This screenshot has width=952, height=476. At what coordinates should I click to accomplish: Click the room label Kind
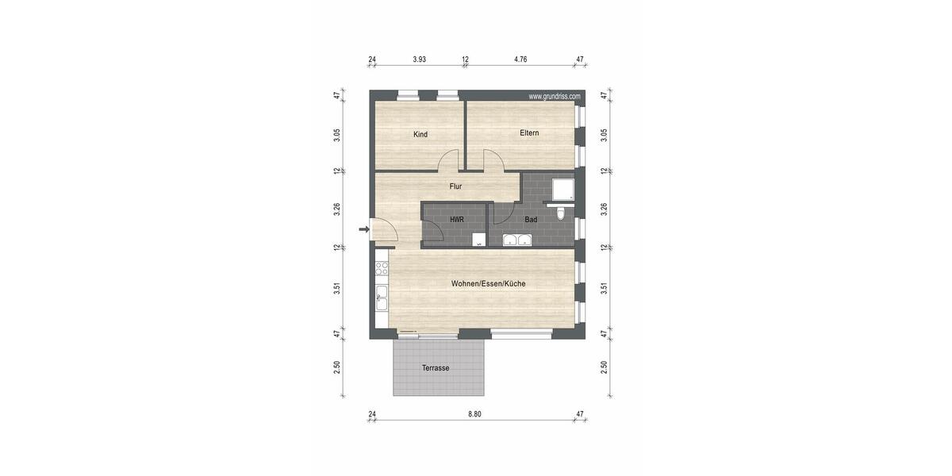click(420, 134)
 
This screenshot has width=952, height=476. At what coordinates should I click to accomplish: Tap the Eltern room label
click(529, 132)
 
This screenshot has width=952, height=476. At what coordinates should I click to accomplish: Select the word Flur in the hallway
click(455, 186)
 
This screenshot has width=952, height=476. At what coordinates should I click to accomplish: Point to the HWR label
click(456, 219)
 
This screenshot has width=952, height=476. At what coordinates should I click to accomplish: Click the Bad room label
click(531, 219)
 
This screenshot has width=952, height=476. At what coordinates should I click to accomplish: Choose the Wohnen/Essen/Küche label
click(488, 283)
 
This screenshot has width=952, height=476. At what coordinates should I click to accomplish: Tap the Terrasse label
click(436, 368)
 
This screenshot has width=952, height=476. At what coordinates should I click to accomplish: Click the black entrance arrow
click(363, 230)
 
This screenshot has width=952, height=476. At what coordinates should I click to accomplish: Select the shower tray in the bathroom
click(563, 187)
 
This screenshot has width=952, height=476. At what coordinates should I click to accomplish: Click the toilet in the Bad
click(562, 213)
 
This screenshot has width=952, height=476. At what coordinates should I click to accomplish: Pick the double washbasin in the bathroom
click(517, 240)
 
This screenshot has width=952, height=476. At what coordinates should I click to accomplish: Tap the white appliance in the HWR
click(478, 240)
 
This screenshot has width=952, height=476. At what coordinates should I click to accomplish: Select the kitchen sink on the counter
click(382, 298)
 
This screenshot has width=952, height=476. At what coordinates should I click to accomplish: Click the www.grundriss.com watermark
click(555, 97)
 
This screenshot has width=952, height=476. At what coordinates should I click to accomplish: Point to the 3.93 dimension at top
click(420, 59)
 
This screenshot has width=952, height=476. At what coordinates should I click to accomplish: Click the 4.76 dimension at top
click(520, 59)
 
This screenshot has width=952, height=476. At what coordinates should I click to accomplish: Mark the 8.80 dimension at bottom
click(474, 414)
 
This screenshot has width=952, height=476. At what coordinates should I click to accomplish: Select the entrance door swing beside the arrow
click(385, 231)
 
